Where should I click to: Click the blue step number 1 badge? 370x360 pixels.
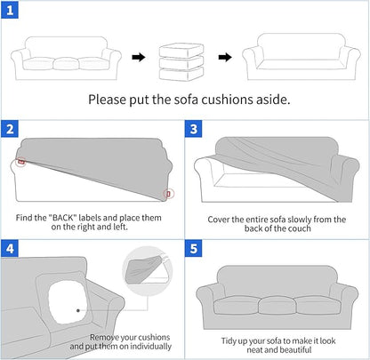click(11, 11)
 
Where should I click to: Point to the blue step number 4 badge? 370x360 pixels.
click(11, 249)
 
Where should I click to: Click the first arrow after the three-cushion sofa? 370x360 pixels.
click(138, 59)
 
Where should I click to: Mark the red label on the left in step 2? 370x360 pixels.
click(20, 164)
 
